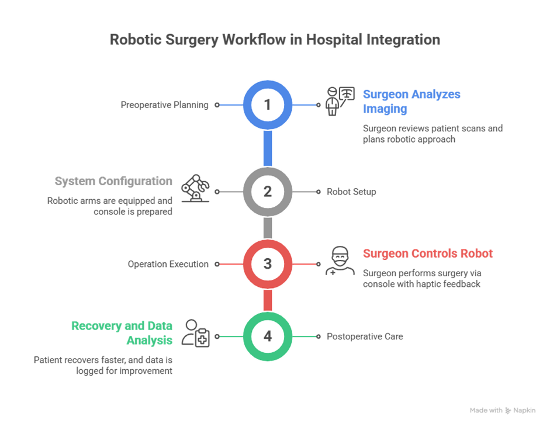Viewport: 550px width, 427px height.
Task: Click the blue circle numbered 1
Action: point(267,105)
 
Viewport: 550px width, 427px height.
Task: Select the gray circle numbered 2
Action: point(267,191)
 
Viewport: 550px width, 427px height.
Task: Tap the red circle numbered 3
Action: point(267,263)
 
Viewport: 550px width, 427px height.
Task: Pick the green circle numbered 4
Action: point(267,336)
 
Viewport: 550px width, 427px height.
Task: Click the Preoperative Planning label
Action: point(164,105)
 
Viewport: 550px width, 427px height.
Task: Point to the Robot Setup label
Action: point(351,192)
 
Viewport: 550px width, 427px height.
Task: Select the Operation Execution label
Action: point(168,264)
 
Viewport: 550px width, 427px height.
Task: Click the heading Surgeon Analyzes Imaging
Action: point(411,101)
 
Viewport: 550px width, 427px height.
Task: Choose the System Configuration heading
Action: point(113,182)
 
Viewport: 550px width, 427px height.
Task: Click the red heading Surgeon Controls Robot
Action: point(428,254)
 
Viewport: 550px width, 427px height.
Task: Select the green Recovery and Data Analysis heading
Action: point(122,332)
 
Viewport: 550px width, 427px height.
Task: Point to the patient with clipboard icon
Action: point(195,334)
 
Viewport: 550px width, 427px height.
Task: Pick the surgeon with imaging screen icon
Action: point(340,101)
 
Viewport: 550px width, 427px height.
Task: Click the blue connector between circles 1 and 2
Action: point(268,148)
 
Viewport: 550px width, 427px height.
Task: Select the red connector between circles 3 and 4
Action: point(268,300)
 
